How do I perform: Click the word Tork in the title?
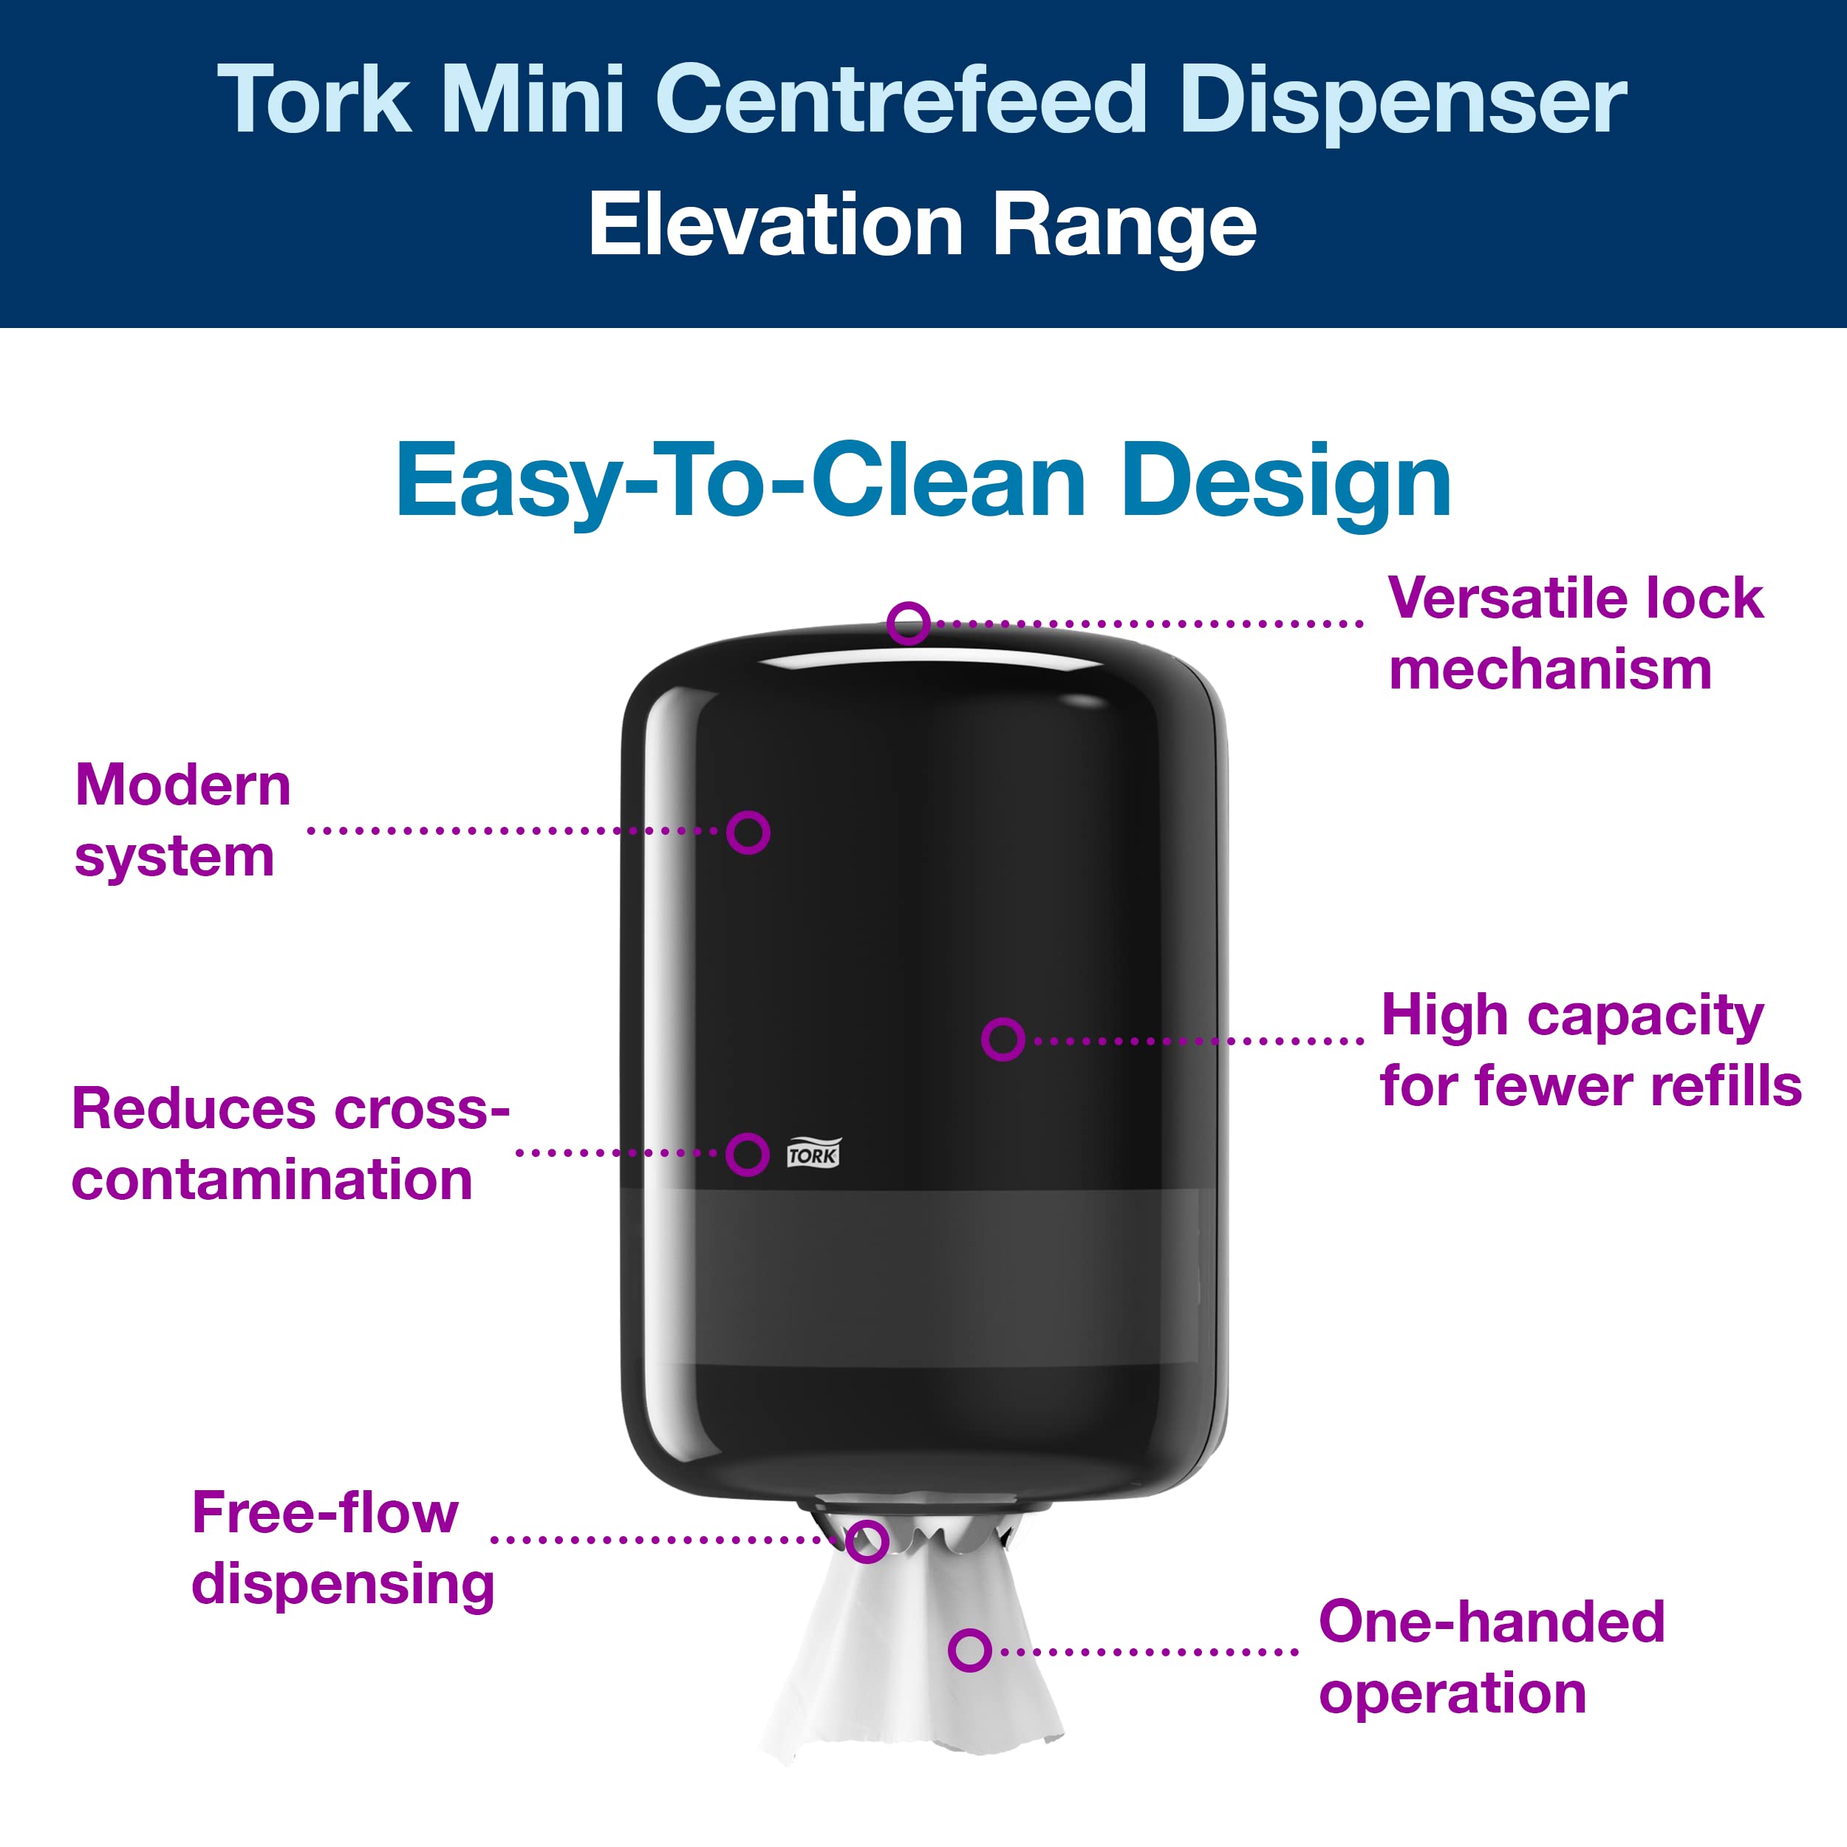pos(315,100)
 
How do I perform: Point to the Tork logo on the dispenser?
pos(813,1154)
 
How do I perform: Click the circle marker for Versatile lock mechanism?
pos(908,624)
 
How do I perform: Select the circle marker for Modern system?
pos(748,832)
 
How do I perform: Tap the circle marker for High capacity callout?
pos(1003,1039)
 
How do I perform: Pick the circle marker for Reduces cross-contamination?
pos(748,1154)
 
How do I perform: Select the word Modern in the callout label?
pos(182,786)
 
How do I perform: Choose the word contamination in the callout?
pos(273,1180)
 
